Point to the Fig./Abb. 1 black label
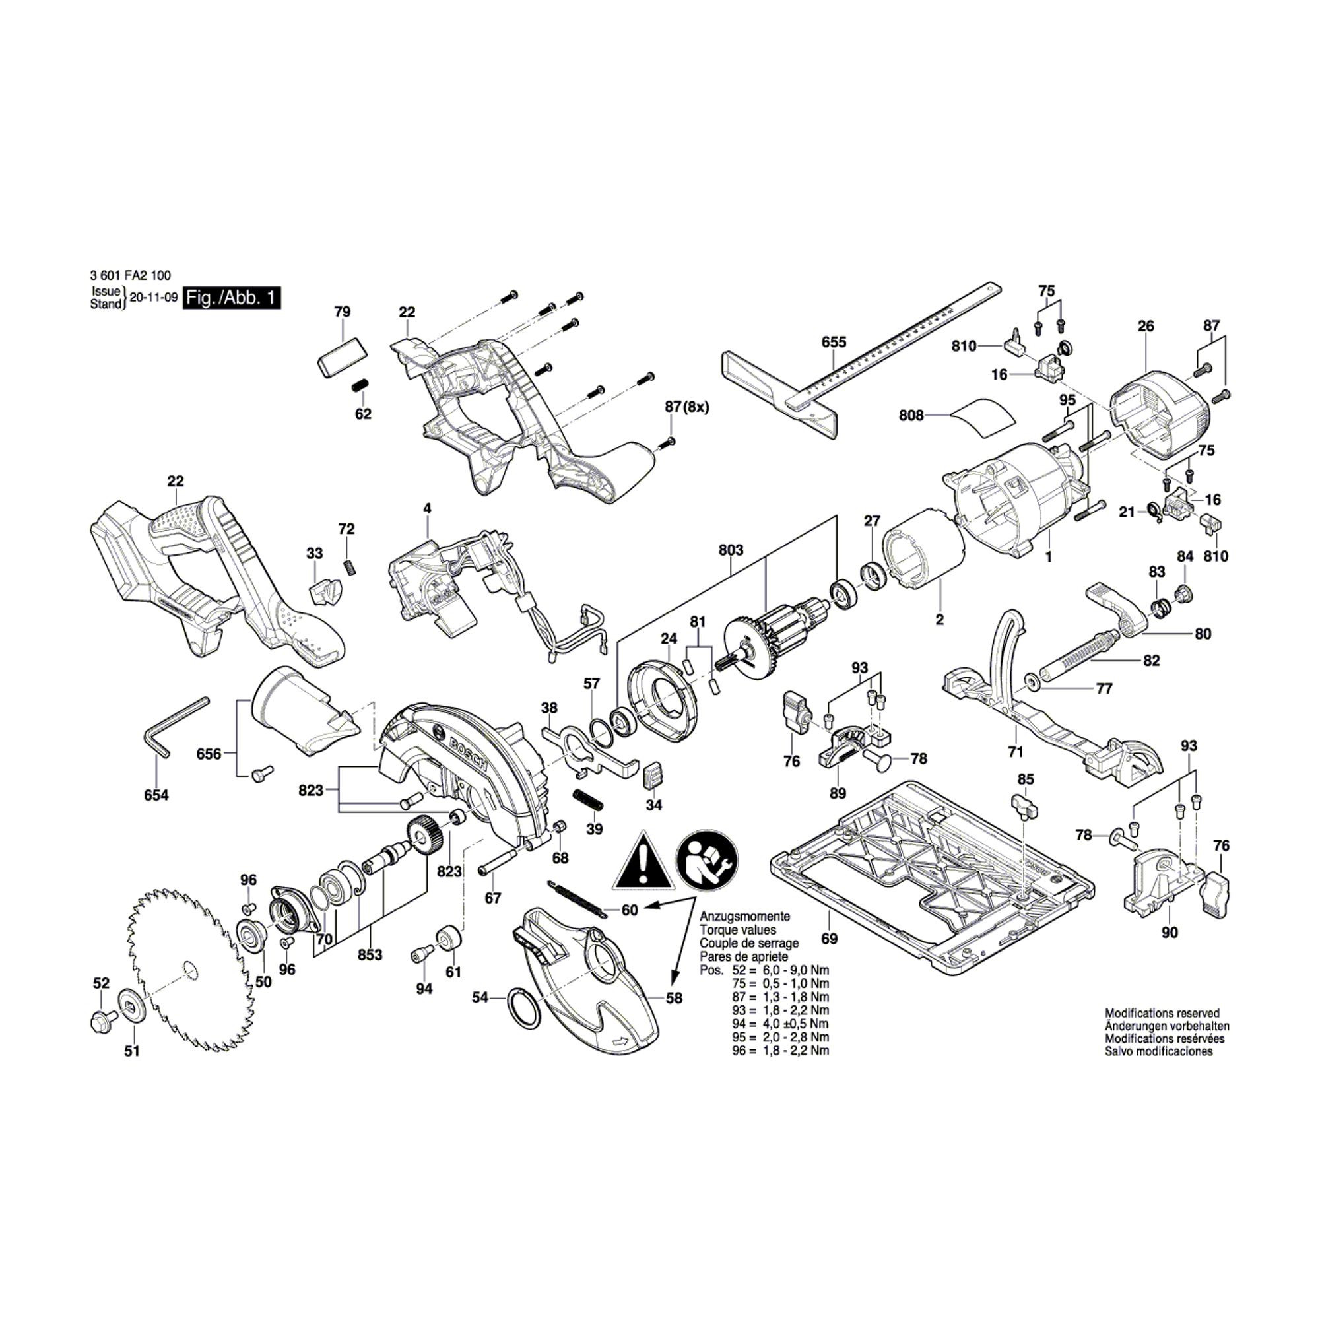pos(232,298)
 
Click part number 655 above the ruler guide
pos(834,343)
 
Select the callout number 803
pos(731,550)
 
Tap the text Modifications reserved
pos(1162,1014)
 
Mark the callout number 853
pos(370,954)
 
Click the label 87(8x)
pos(687,407)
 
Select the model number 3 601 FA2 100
pos(130,276)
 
